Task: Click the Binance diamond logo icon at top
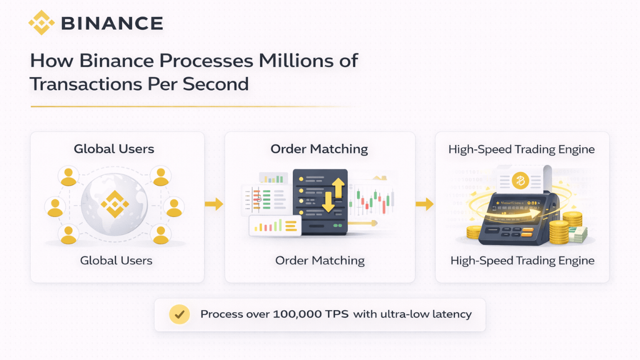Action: [x=41, y=22]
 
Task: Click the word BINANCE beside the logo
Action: [x=111, y=23]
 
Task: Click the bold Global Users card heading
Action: [x=114, y=148]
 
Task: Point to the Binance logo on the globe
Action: [x=114, y=204]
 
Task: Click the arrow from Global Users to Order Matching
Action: [x=214, y=204]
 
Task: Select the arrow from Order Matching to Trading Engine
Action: [x=424, y=204]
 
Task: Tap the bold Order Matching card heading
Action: [x=319, y=148]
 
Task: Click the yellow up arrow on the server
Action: [x=338, y=188]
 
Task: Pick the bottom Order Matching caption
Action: [x=319, y=260]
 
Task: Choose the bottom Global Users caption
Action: [x=116, y=260]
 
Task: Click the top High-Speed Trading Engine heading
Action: [x=521, y=149]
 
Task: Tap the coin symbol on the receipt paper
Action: [x=520, y=181]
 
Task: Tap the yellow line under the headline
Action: [x=190, y=106]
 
